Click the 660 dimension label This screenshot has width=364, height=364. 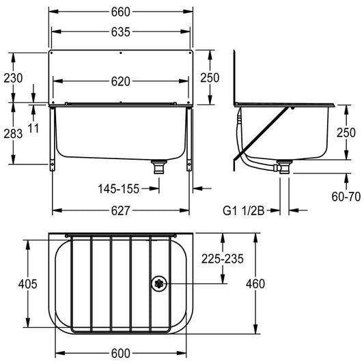(x=120, y=12)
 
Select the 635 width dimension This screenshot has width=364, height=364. (x=120, y=32)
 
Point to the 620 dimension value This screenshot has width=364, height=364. (x=120, y=81)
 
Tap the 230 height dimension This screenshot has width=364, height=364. (x=13, y=78)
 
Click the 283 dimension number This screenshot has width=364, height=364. (x=13, y=134)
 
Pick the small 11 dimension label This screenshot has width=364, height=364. (x=33, y=128)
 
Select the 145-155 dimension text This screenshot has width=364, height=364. (x=119, y=188)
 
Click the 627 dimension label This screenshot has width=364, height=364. (x=120, y=211)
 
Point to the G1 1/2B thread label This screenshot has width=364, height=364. (x=244, y=211)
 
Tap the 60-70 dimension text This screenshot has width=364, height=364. (x=346, y=197)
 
